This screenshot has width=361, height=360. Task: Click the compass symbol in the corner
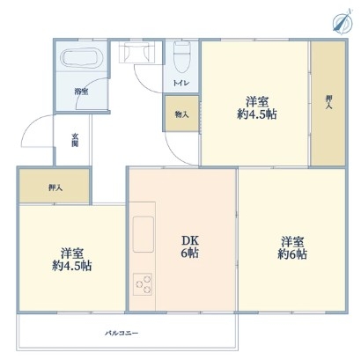coord(343,20)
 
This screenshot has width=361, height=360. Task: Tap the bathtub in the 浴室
coord(81,57)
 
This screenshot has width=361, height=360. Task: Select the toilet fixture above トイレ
coord(182,57)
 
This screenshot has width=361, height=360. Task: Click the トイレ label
coord(181,83)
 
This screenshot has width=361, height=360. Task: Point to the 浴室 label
coord(81,92)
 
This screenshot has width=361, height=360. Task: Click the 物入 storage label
coord(181,114)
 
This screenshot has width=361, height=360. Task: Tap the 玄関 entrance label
coord(75,140)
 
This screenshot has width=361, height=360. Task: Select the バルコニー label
coord(122,334)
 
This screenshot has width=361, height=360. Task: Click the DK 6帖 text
coord(190,246)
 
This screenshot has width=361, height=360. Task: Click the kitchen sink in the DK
coord(144,234)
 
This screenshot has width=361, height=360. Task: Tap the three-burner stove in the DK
coord(143,284)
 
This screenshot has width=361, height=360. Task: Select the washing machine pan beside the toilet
coord(136,52)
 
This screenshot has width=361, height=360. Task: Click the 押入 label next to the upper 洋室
coord(328,102)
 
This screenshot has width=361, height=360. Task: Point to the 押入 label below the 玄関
coord(55,187)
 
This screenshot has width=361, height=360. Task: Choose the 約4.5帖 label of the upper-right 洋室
coord(257,114)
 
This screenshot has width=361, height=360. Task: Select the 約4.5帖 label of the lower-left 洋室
coord(72,266)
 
